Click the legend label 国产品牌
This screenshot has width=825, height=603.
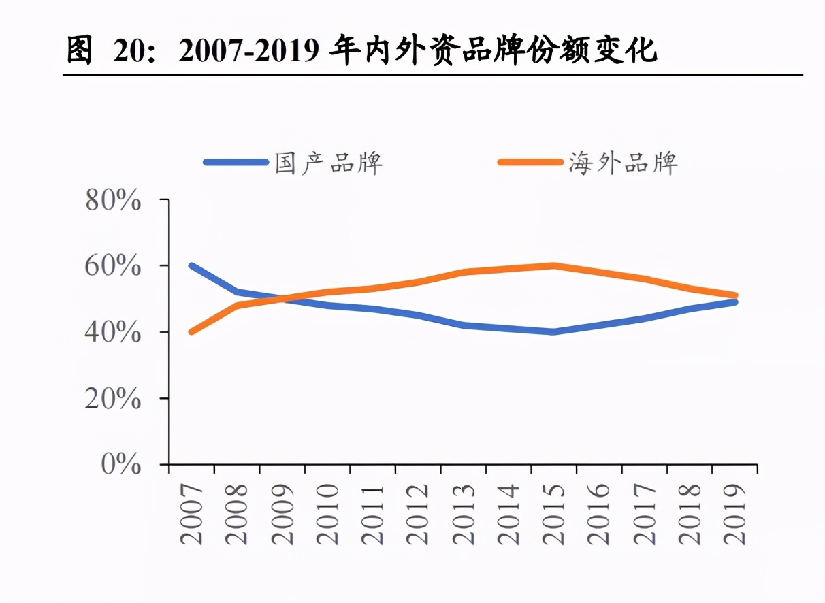click(329, 163)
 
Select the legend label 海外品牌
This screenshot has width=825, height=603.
click(623, 163)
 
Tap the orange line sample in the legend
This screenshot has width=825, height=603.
click(530, 163)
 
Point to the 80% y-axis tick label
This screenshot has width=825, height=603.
click(113, 201)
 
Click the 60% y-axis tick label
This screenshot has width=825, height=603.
click(113, 266)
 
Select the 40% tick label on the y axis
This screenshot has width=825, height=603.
click(113, 332)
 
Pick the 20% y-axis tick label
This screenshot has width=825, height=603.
click(113, 399)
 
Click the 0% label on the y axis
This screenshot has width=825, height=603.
click(121, 465)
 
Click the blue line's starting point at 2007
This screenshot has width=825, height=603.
click(192, 266)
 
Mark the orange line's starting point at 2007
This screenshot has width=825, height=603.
click(192, 331)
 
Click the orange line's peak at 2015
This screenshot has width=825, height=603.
click(554, 265)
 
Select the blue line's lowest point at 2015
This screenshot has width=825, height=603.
click(554, 331)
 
